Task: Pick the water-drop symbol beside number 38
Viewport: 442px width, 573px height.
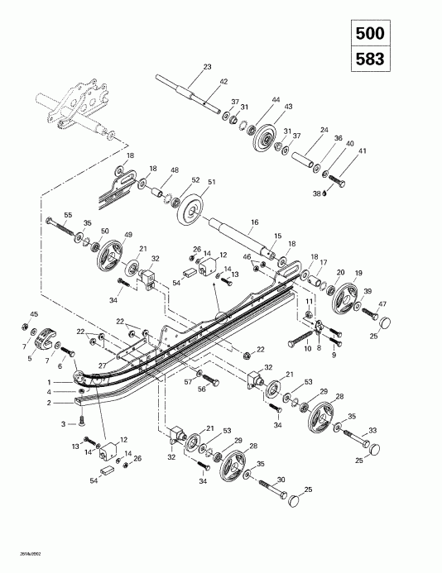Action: click(x=325, y=194)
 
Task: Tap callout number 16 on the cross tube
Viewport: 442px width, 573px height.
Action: click(x=255, y=223)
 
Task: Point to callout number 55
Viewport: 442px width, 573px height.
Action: click(x=45, y=214)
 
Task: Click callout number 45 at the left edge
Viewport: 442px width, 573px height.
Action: click(x=34, y=314)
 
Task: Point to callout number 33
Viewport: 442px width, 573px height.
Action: click(x=372, y=430)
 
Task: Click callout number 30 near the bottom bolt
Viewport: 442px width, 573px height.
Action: click(x=281, y=480)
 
